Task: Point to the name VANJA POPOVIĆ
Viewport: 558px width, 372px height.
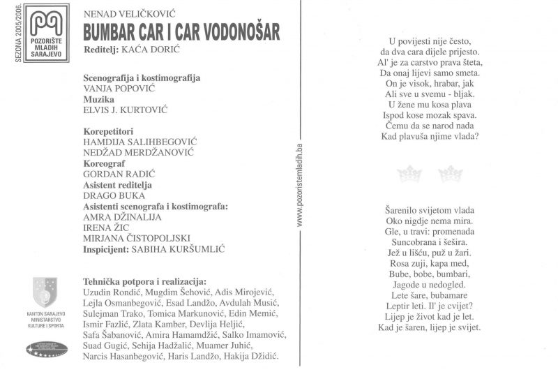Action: click(x=119, y=89)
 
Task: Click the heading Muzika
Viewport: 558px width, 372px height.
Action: click(x=98, y=99)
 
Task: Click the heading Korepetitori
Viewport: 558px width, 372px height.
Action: click(x=108, y=131)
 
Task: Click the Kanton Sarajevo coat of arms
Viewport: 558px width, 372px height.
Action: click(x=46, y=290)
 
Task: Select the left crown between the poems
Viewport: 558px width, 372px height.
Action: click(x=409, y=173)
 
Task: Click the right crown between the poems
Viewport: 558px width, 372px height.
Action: click(x=451, y=173)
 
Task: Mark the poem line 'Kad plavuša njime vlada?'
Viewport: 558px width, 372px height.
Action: click(x=430, y=136)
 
